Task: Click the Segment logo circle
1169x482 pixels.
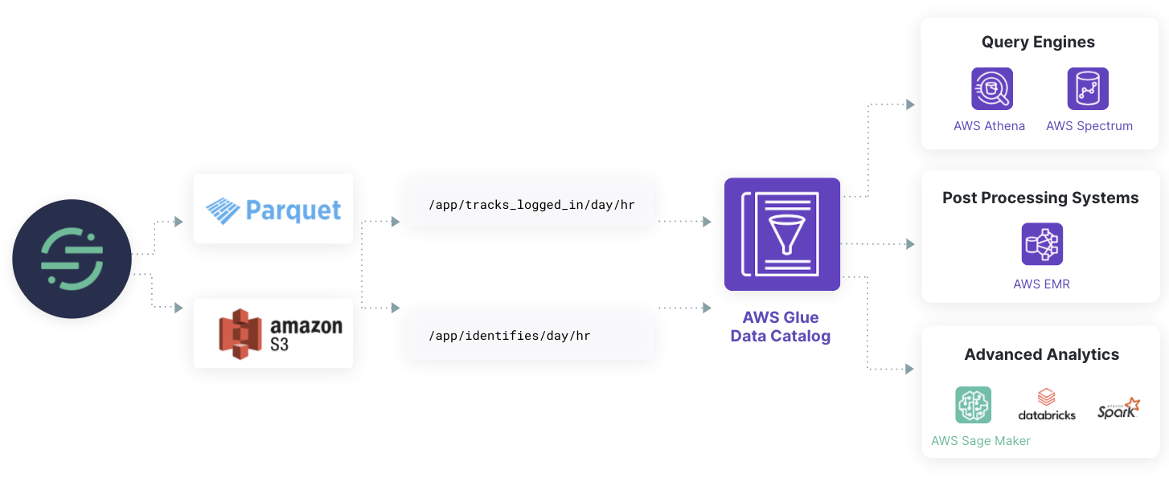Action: (x=72, y=259)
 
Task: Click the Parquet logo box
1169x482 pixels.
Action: (x=273, y=209)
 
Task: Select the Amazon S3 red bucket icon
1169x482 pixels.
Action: (x=241, y=333)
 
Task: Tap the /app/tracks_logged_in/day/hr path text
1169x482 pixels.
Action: (x=531, y=205)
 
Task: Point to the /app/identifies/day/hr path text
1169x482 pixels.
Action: (x=509, y=335)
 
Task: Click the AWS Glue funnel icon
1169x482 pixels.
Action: (x=781, y=234)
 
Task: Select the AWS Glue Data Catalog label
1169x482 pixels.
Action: (x=780, y=327)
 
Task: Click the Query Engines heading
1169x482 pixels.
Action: (x=1038, y=43)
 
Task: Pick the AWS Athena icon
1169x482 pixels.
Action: (x=991, y=88)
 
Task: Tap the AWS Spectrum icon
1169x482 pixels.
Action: (x=1088, y=88)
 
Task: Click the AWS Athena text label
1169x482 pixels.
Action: (x=989, y=126)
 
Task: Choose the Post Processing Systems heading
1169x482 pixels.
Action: (x=1040, y=198)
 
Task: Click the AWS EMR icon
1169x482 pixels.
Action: (x=1042, y=244)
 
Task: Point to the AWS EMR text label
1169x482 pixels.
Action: (x=1041, y=284)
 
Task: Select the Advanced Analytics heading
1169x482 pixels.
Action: (x=1041, y=354)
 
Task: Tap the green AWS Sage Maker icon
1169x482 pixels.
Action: (x=973, y=405)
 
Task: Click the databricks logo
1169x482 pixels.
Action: (x=1046, y=405)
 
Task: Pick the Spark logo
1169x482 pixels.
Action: (x=1118, y=408)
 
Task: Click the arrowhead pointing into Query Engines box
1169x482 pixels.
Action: (x=910, y=104)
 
